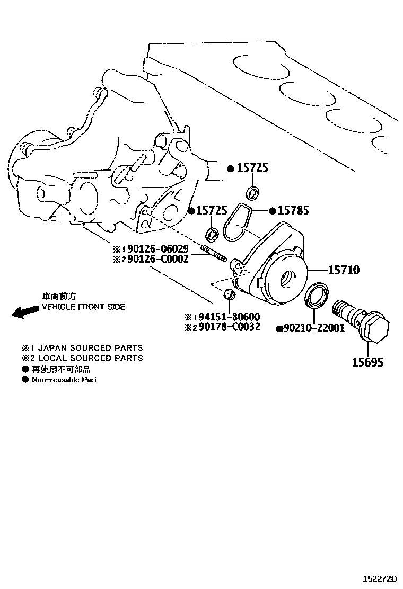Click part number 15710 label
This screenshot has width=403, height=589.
point(344,271)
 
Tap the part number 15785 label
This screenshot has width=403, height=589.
point(293,211)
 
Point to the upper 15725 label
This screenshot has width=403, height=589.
point(252,168)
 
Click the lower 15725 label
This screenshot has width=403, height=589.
point(212,211)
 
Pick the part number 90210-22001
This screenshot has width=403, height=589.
point(314,328)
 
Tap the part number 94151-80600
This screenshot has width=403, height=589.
point(229,317)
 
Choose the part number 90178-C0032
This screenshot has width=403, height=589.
point(229,327)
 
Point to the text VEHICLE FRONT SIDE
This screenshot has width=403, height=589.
point(84,307)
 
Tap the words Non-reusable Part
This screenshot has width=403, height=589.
point(64,380)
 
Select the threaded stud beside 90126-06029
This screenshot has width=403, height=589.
point(214,253)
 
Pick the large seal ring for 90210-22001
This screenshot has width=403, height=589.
point(317,294)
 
